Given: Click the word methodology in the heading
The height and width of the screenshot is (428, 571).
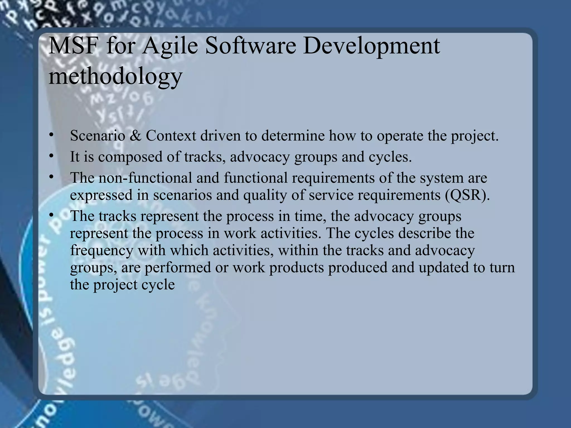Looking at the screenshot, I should [115, 77].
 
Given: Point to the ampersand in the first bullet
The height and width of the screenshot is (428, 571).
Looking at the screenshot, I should [136, 136].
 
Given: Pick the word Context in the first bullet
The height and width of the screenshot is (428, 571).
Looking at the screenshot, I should [171, 136].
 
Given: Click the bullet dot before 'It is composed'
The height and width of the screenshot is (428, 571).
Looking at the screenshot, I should [50, 156].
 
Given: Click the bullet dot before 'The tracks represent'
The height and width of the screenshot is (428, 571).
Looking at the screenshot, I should [50, 215].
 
